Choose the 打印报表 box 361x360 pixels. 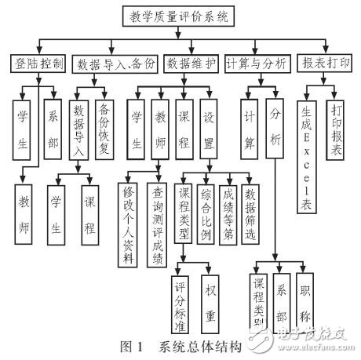pos(338,131)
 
